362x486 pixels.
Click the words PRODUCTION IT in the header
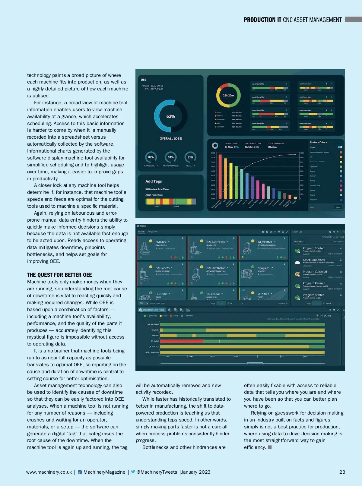tap(262, 20)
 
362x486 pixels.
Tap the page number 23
tap(342, 472)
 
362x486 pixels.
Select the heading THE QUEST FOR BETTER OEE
tap(59, 275)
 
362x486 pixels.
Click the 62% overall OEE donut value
tap(170, 116)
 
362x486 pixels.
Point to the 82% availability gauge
tap(151, 157)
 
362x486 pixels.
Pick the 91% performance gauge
tap(171, 157)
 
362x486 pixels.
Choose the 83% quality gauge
tap(190, 157)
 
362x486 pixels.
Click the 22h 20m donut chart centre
tap(228, 95)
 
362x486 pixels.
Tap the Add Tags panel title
tap(154, 181)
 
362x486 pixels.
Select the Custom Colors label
tap(318, 142)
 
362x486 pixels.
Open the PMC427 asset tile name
tap(161, 242)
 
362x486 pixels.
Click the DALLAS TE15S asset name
tap(215, 242)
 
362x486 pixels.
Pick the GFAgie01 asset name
tap(263, 268)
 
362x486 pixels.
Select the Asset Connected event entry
tap(314, 260)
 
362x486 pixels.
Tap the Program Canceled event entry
tap(315, 272)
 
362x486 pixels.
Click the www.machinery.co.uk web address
tap(49, 472)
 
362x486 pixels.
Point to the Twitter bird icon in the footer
tap(133, 472)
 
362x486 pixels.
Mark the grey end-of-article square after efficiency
tap(270, 447)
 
